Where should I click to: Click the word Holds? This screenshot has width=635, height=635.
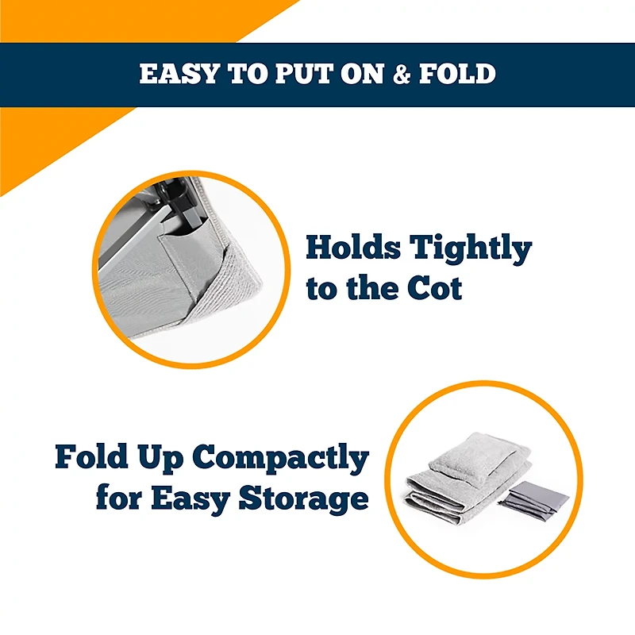pos(352,248)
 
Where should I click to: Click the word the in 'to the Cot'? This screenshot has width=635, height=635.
pos(370,288)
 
